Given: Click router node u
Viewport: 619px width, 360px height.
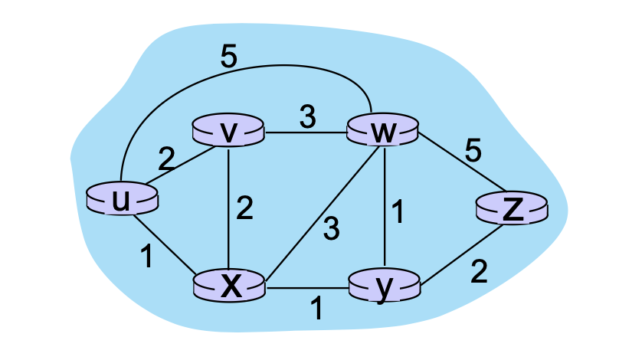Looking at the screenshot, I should [122, 199].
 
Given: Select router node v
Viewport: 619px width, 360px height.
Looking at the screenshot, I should [228, 132].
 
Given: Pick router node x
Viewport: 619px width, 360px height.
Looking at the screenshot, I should [228, 286].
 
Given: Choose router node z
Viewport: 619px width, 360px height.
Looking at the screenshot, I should [513, 209].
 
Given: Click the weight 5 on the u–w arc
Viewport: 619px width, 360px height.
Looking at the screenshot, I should [228, 59].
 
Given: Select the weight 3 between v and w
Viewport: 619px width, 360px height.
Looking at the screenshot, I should [307, 116].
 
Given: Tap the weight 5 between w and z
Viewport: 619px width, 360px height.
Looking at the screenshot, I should [473, 151].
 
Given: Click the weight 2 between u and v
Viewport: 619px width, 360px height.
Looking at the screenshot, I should [166, 159].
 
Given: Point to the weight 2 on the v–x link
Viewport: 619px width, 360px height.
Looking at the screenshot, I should [244, 209].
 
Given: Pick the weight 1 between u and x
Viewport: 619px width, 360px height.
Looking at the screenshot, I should [146, 255].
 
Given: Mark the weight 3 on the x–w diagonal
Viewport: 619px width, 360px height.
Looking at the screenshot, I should [330, 228].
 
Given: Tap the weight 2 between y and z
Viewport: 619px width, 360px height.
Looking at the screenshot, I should [479, 272].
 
